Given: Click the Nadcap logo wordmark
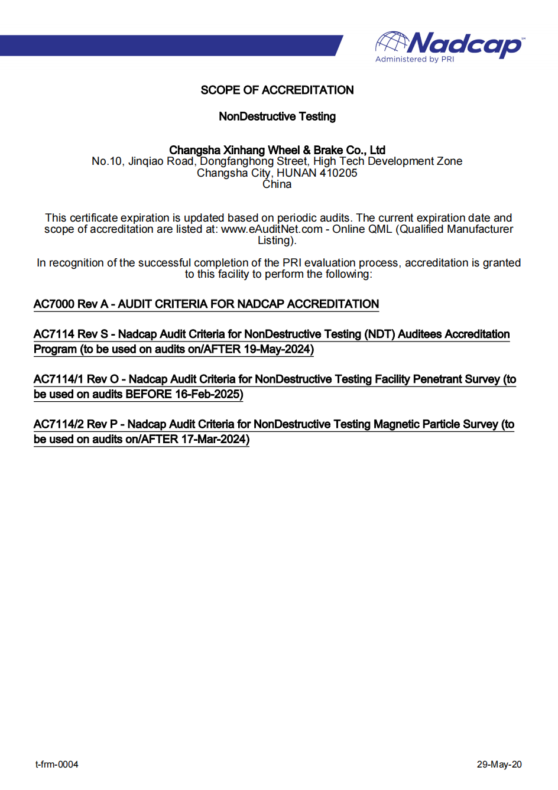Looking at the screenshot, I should pos(465,44).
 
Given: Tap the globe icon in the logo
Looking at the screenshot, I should pos(392,43).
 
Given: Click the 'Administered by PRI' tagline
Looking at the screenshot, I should pos(414,59).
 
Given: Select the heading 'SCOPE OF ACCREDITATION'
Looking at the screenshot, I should pos(277,90).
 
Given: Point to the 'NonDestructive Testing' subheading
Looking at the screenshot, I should pos(277,116).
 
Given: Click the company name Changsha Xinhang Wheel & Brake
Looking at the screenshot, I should pos(277,150).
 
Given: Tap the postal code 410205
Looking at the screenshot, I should pos(338,173).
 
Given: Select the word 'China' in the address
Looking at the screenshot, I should pos(277,184).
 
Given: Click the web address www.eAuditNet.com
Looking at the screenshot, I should pos(271,229).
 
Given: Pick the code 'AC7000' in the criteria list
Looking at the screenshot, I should pos(54,304).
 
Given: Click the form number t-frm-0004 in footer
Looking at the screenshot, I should pos(57,765).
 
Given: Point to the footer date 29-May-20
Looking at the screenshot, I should pos(499,765).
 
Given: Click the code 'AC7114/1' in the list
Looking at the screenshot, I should pos(59,379).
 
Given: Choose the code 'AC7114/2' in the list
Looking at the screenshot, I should pos(59,424).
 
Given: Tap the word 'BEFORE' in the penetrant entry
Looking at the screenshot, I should pos(148,394).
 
